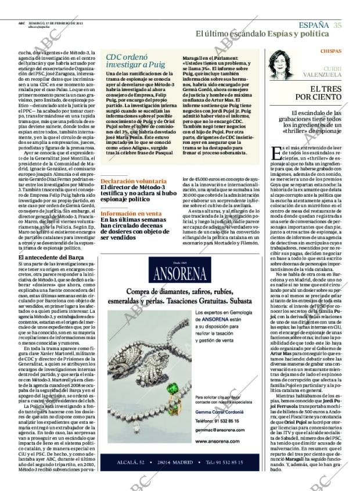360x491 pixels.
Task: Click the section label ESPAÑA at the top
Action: point(314,24)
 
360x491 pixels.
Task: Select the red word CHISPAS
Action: point(331,52)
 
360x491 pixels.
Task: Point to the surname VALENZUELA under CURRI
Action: point(322,75)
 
